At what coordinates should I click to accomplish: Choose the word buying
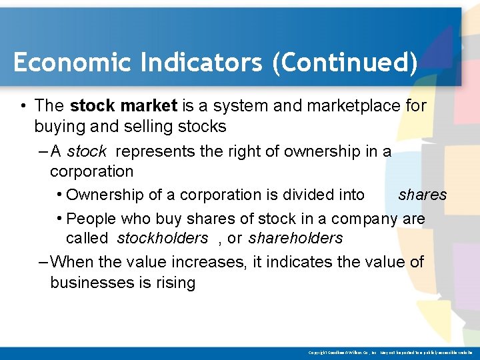click(x=59, y=127)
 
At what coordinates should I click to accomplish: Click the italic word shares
click(x=422, y=195)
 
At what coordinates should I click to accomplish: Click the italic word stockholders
click(x=162, y=238)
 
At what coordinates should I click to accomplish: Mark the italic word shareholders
click(x=295, y=238)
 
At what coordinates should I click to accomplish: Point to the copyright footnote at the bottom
click(x=391, y=352)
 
